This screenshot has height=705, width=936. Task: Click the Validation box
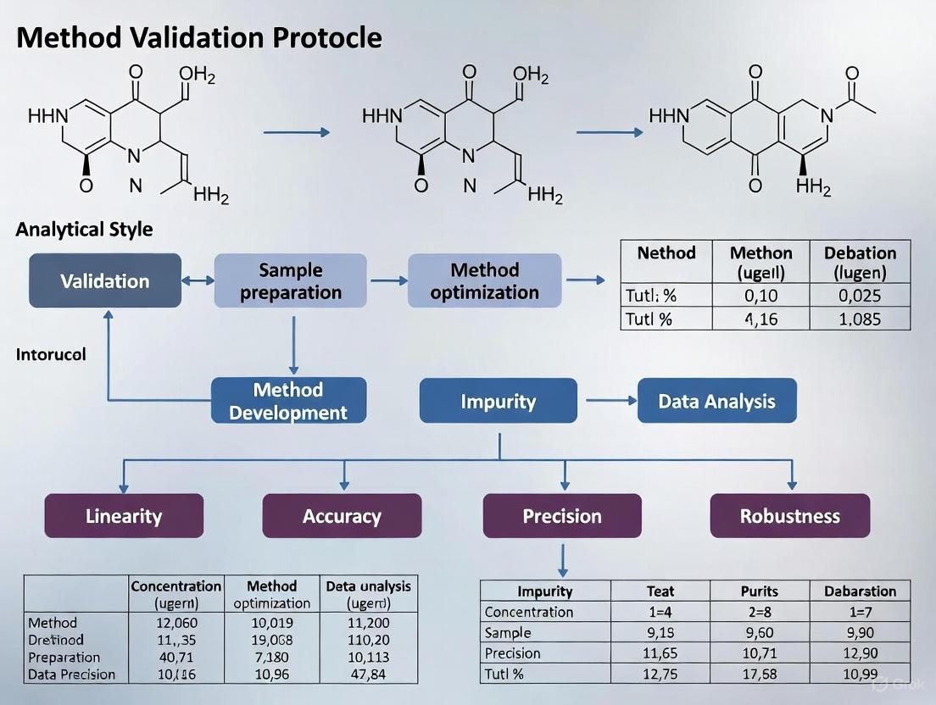click(104, 280)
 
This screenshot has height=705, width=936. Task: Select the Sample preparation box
click(290, 280)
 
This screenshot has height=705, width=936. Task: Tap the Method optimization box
click(484, 280)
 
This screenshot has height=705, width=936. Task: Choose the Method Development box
click(288, 401)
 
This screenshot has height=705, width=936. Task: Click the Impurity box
click(498, 401)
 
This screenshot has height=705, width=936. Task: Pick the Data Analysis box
click(716, 401)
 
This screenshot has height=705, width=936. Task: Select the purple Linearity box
click(124, 516)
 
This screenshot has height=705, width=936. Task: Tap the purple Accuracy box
click(342, 516)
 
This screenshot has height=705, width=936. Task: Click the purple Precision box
click(562, 516)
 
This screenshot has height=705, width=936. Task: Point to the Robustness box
click(789, 516)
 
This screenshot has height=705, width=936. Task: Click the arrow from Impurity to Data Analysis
click(605, 401)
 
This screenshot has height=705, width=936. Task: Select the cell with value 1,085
click(860, 319)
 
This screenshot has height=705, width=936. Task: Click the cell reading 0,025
click(860, 296)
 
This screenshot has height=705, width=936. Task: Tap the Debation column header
click(860, 262)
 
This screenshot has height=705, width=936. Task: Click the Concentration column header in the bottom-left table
click(176, 594)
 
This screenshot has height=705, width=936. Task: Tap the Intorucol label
click(51, 354)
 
